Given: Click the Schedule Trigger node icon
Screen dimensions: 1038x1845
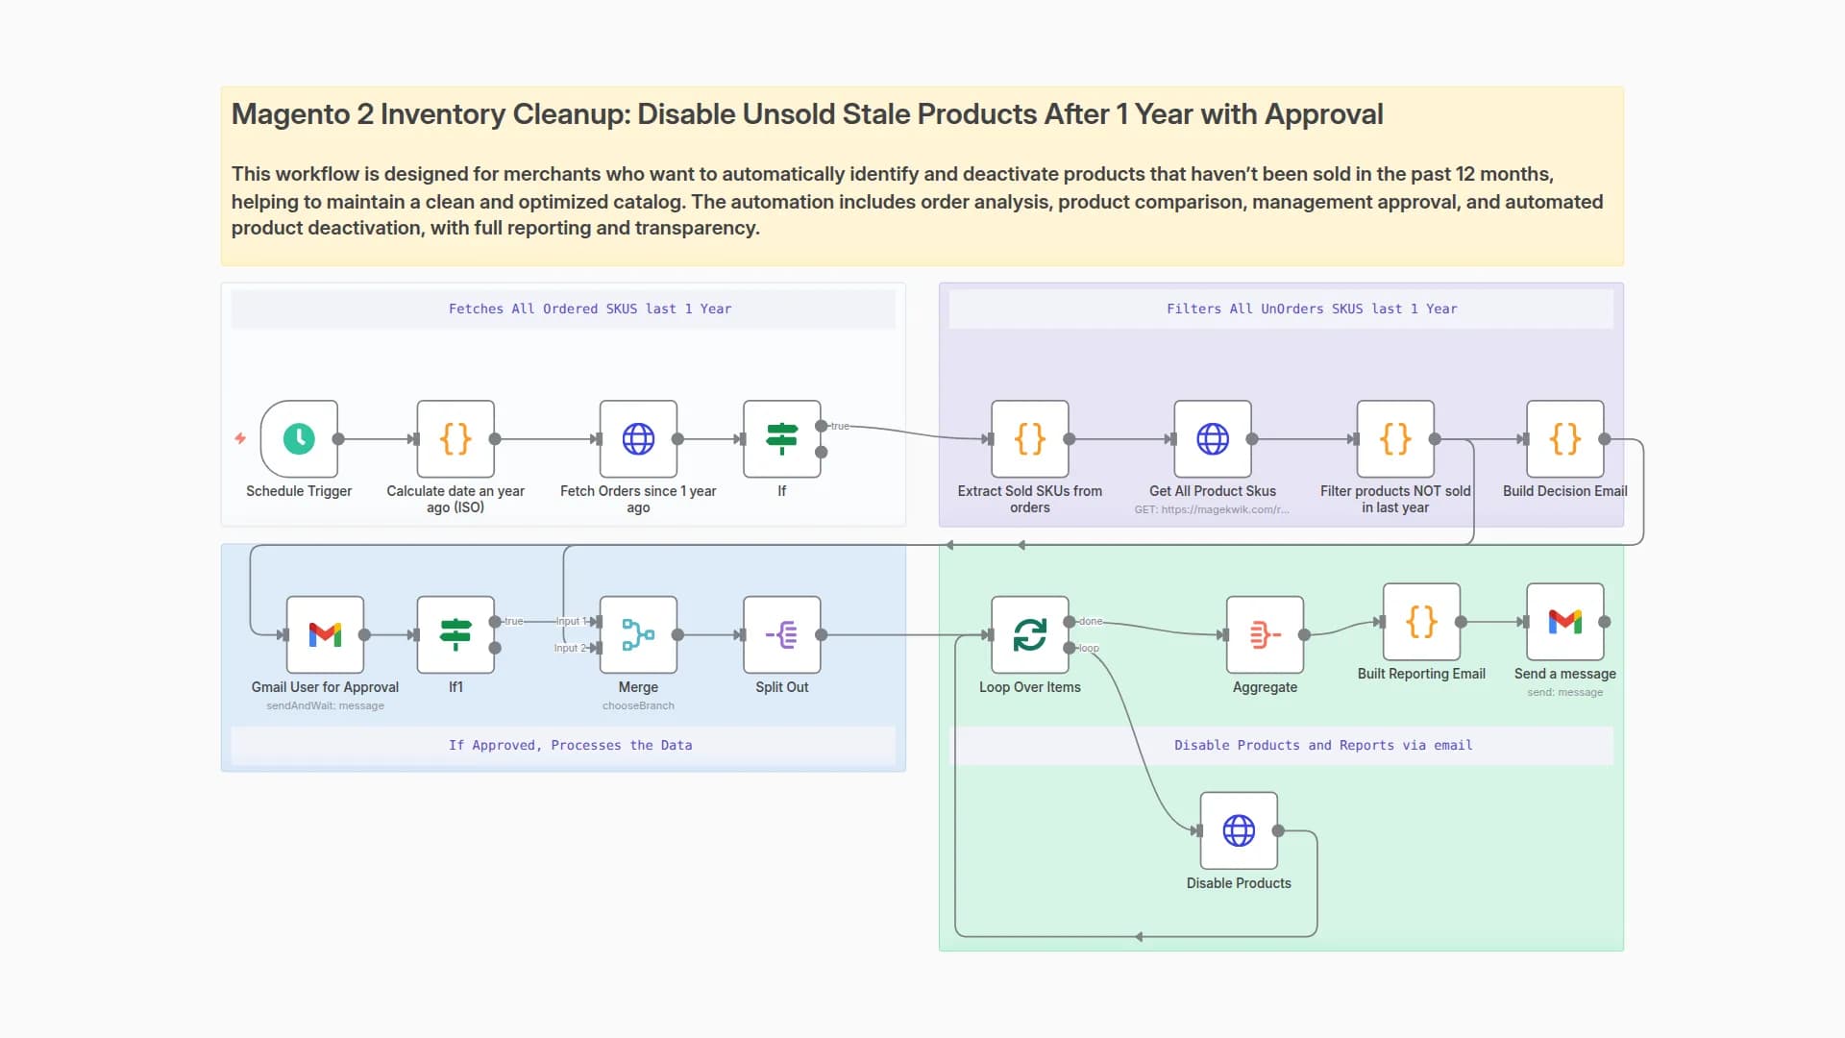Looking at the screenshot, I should pos(299,439).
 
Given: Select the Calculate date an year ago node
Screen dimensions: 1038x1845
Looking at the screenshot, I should pos(455,439).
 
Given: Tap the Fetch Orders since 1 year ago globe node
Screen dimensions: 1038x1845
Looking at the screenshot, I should pos(638,439).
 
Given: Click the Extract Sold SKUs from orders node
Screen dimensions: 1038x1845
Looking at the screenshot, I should pos(1029,439).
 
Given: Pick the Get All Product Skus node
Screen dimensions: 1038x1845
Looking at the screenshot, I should pos(1212,439).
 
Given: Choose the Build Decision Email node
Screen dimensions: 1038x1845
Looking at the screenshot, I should pos(1564,439).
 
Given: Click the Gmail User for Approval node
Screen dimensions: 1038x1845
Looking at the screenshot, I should pos(325,634).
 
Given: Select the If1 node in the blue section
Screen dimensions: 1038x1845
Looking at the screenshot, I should pos(455,634).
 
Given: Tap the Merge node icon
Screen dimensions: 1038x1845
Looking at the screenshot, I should pos(638,634).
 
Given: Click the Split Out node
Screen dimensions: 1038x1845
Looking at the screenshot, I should pos(781,634).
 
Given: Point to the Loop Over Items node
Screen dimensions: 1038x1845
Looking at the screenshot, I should pos(1029,634).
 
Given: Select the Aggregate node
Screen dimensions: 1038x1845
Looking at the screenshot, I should pos(1265,634).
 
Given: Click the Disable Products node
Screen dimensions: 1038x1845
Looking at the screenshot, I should pos(1239,830).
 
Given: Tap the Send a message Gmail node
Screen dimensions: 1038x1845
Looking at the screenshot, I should pos(1564,622).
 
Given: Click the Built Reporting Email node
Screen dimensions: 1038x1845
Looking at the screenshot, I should pos(1421,622).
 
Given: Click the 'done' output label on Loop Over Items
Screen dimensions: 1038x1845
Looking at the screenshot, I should pos(1091,622).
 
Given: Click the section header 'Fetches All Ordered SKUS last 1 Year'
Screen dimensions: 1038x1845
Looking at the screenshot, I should pos(589,309).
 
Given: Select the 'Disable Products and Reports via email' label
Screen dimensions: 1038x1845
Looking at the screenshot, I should pos(1322,745).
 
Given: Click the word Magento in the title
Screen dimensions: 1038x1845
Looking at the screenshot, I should pos(290,114).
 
